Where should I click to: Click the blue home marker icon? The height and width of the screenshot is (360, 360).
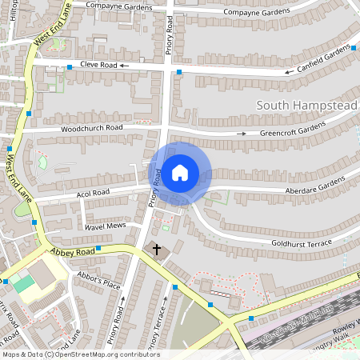[x=180, y=173]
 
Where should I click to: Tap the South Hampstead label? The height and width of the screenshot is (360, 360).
[x=306, y=105]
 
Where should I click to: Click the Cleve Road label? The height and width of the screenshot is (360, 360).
[x=98, y=65]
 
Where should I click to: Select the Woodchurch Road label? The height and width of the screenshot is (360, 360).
[x=92, y=128]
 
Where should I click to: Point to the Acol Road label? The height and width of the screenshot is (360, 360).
[x=92, y=193]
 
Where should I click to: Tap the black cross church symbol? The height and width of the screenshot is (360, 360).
[x=157, y=250]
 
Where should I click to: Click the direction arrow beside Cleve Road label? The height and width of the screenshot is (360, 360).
[x=125, y=66]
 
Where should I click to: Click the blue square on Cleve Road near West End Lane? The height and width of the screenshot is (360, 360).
[x=70, y=66]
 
